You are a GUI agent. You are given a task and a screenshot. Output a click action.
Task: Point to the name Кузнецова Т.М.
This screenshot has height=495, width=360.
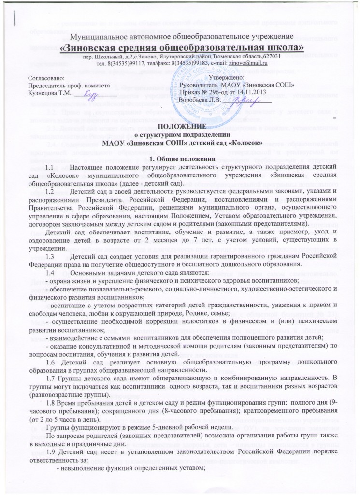(x=48, y=92)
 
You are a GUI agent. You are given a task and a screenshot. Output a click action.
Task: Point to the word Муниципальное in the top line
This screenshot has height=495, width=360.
(x=100, y=37)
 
